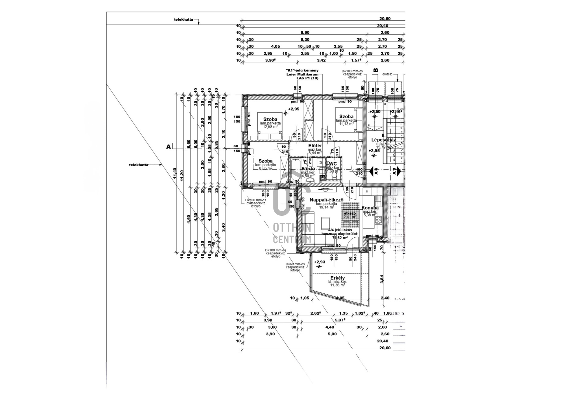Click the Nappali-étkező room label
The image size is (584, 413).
(x=322, y=200)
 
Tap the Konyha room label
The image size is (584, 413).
(x=370, y=208)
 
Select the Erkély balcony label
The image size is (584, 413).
(x=337, y=278)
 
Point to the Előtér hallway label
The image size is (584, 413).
(x=315, y=146)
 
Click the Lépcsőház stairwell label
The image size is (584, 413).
(x=383, y=140)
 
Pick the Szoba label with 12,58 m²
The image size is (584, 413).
(x=270, y=119)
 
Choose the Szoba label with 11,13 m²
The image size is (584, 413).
(x=346, y=117)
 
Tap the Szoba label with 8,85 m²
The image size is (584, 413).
(x=266, y=161)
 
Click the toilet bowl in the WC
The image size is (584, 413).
(x=333, y=176)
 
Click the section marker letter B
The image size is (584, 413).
(x=376, y=70)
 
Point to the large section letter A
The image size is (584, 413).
(x=169, y=147)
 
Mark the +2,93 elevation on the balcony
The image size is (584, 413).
(x=319, y=262)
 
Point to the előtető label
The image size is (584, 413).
(x=387, y=74)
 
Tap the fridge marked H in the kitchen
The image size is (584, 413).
(x=367, y=191)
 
